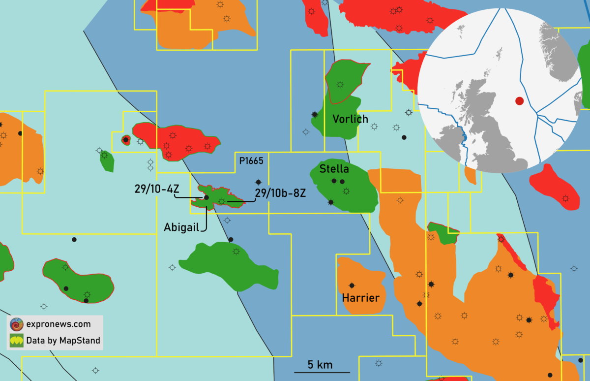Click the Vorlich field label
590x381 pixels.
(x=351, y=119)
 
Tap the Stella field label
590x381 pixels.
(x=334, y=169)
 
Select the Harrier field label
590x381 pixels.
(x=361, y=298)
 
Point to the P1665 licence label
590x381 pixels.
(x=251, y=160)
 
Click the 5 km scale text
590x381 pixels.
(x=320, y=365)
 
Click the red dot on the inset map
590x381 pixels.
(x=519, y=101)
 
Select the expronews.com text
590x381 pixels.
(x=58, y=324)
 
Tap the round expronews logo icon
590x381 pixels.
(x=16, y=324)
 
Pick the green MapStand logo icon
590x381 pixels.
(x=16, y=340)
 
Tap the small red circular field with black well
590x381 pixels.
(x=126, y=140)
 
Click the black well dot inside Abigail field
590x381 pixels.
(x=206, y=197)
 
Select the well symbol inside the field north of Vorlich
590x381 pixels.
(x=340, y=84)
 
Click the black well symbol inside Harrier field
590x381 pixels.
(x=352, y=285)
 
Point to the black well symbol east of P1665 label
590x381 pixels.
(x=259, y=182)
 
